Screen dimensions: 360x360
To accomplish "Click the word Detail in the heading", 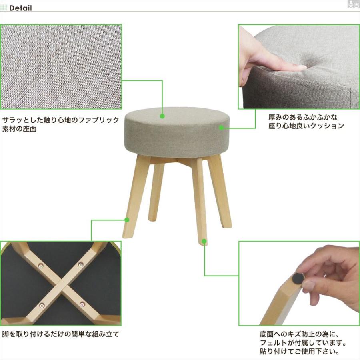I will (20, 8).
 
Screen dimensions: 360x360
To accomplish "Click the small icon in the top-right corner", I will (353, 4).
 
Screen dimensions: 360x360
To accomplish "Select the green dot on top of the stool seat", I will (162, 116).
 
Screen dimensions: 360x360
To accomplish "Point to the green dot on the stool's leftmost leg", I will (127, 220).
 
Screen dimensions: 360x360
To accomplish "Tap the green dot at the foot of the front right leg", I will (204, 241).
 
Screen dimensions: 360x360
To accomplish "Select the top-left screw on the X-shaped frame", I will (41, 265).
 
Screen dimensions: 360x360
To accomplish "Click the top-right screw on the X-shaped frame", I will (81, 264).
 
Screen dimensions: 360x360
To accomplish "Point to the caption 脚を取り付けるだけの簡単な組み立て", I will (60, 334).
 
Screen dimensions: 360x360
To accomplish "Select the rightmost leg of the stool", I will (222, 192).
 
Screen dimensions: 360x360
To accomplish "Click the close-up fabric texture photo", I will (61, 67).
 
